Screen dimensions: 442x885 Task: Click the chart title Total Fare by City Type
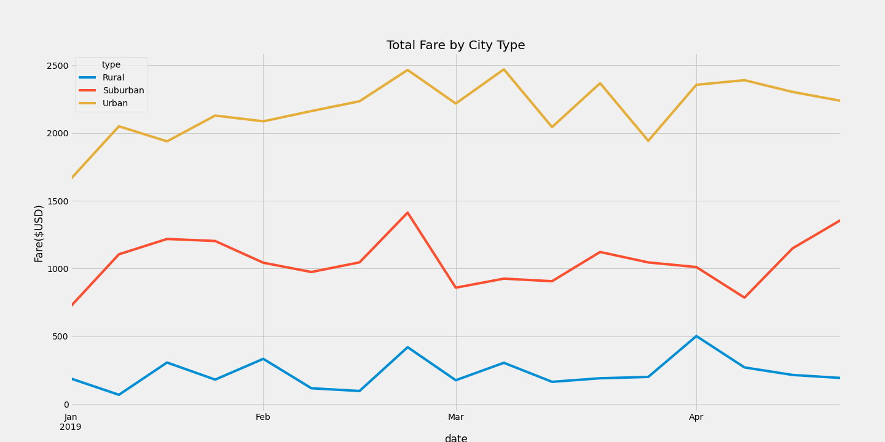(x=455, y=45)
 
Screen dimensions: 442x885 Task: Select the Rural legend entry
(x=113, y=78)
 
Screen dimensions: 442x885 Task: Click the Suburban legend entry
(x=123, y=91)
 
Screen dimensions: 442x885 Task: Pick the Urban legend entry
(x=115, y=104)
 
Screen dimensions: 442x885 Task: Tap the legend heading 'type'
(x=111, y=65)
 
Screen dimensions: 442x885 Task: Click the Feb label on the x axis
(x=263, y=417)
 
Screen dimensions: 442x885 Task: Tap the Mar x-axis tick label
(x=455, y=417)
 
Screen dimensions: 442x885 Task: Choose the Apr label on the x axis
(x=696, y=417)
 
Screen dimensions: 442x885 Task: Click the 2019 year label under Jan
(x=70, y=427)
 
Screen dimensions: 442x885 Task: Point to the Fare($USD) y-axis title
(x=39, y=233)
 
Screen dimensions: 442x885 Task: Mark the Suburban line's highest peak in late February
(x=407, y=213)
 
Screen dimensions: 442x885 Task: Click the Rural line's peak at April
(x=696, y=336)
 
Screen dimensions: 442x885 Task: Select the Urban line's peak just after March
(x=504, y=69)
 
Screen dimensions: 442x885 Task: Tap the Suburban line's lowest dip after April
(x=744, y=298)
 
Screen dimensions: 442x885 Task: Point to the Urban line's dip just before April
(x=648, y=141)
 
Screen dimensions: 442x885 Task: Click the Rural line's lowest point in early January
(x=119, y=395)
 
